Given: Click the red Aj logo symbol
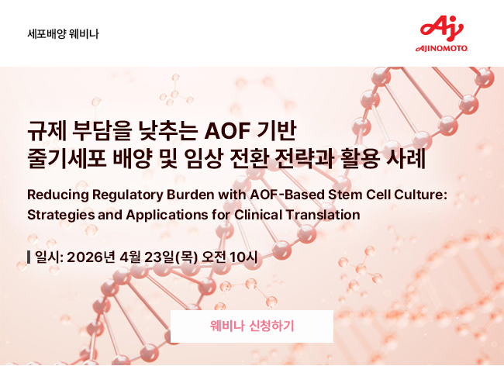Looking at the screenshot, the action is coord(442,29).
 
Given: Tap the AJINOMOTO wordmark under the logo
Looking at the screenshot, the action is coord(442,49).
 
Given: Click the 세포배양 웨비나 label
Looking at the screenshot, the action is coord(63,34).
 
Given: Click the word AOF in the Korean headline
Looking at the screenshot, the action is coord(227,131).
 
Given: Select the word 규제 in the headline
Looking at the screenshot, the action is coord(47,131).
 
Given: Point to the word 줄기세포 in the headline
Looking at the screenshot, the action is coord(67,158).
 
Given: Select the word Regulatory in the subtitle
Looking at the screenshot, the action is coord(128,195).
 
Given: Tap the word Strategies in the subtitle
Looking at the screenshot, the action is coord(60,215).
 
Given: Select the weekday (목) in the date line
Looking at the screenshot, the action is coord(186,257).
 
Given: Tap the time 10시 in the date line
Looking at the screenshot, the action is coord(244,257).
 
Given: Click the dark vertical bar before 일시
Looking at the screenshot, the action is coord(29,257).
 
